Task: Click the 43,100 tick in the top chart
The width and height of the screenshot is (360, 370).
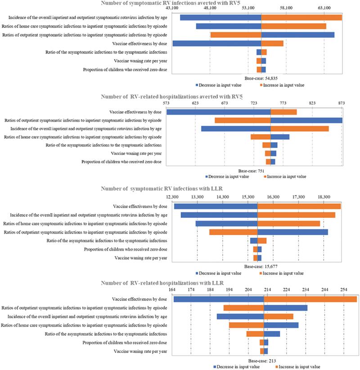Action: click(x=172, y=9)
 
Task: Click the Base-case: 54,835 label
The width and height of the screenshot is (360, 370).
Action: click(x=261, y=78)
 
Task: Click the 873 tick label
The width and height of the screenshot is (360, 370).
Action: click(x=341, y=104)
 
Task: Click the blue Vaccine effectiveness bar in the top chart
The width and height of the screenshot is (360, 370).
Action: click(x=217, y=43)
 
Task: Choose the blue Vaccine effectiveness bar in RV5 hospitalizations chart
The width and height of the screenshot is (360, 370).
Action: click(x=218, y=112)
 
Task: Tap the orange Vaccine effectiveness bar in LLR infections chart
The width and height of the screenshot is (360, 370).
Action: click(x=299, y=206)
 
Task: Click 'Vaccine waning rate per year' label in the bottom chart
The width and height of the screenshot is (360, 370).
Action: click(x=140, y=351)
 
